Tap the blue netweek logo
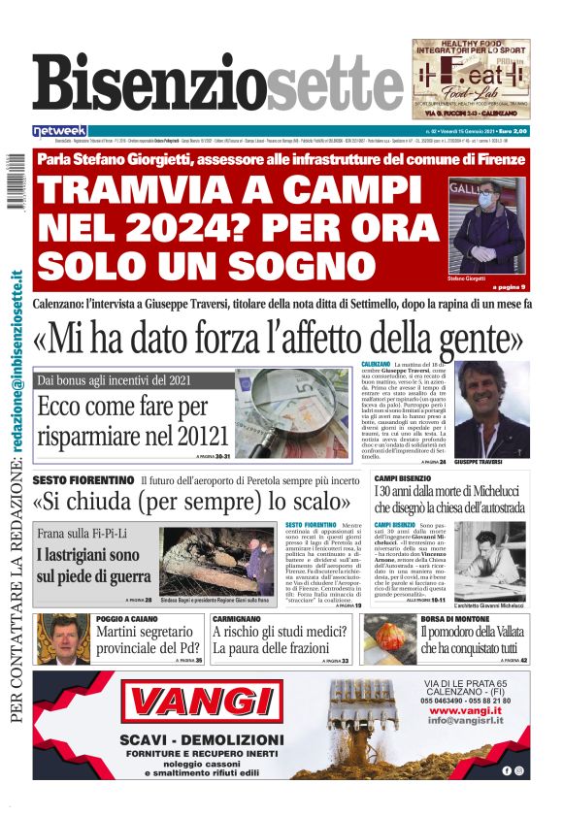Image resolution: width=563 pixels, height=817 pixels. click(60, 130)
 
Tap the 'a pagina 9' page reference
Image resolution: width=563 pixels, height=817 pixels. click(508, 287)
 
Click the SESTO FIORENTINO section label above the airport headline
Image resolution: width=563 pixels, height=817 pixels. click(83, 480)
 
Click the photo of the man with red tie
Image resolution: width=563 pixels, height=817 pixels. click(63, 639)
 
